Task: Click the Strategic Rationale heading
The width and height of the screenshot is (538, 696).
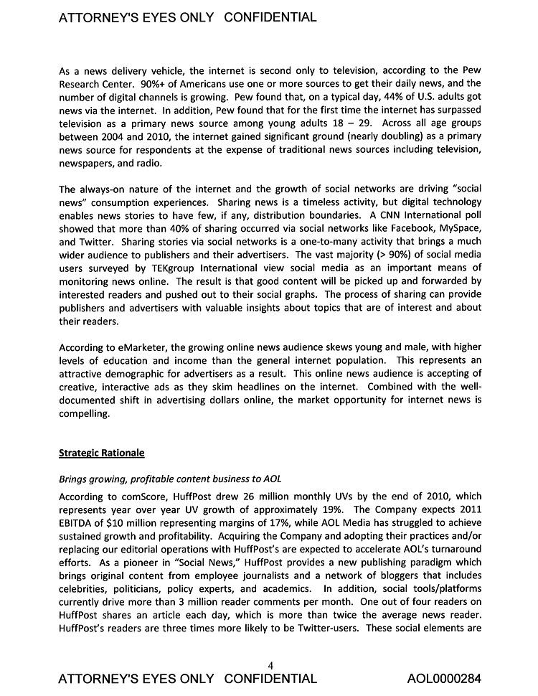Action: point(101,453)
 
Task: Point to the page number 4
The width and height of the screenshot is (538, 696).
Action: point(270,665)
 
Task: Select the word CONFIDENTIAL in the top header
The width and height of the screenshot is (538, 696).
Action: point(270,17)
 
